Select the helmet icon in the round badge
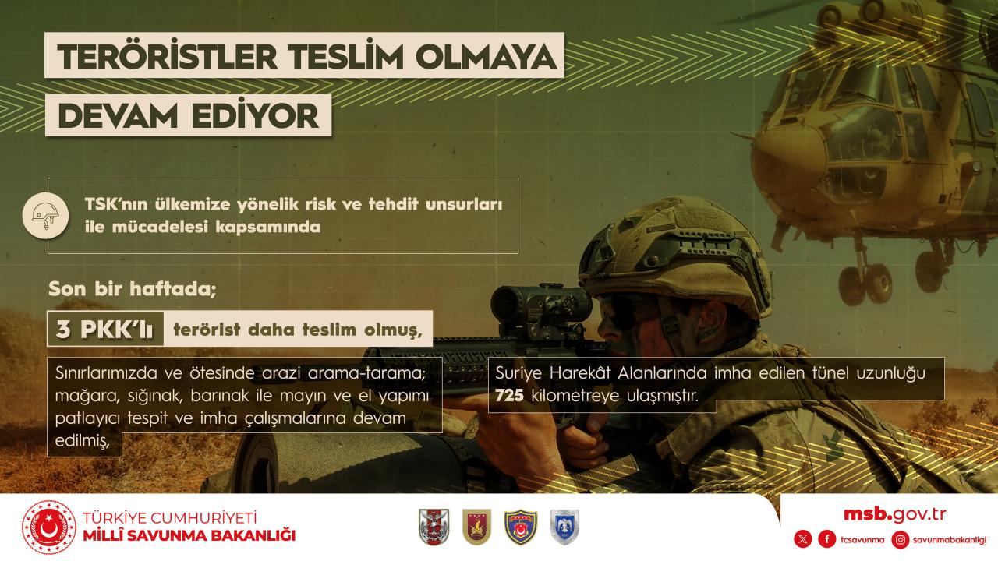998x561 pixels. tap(45, 216)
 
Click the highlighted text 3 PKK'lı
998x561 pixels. tap(104, 330)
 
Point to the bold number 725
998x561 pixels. tap(509, 395)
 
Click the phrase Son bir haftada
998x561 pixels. tap(132, 289)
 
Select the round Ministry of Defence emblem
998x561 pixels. tap(48, 527)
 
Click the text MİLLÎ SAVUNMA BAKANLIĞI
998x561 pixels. tap(189, 535)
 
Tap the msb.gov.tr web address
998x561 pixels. tap(894, 515)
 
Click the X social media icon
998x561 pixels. tap(803, 540)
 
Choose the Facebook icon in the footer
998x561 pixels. tap(827, 540)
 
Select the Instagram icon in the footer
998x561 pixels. tap(901, 540)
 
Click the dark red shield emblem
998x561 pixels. tap(476, 527)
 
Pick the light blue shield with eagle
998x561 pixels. tap(565, 527)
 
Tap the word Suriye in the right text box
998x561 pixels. tap(518, 373)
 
